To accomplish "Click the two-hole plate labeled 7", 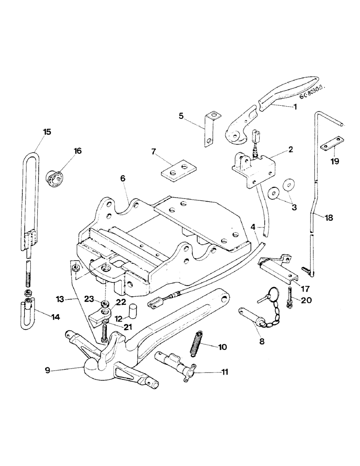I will pyautogui.click(x=178, y=170).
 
